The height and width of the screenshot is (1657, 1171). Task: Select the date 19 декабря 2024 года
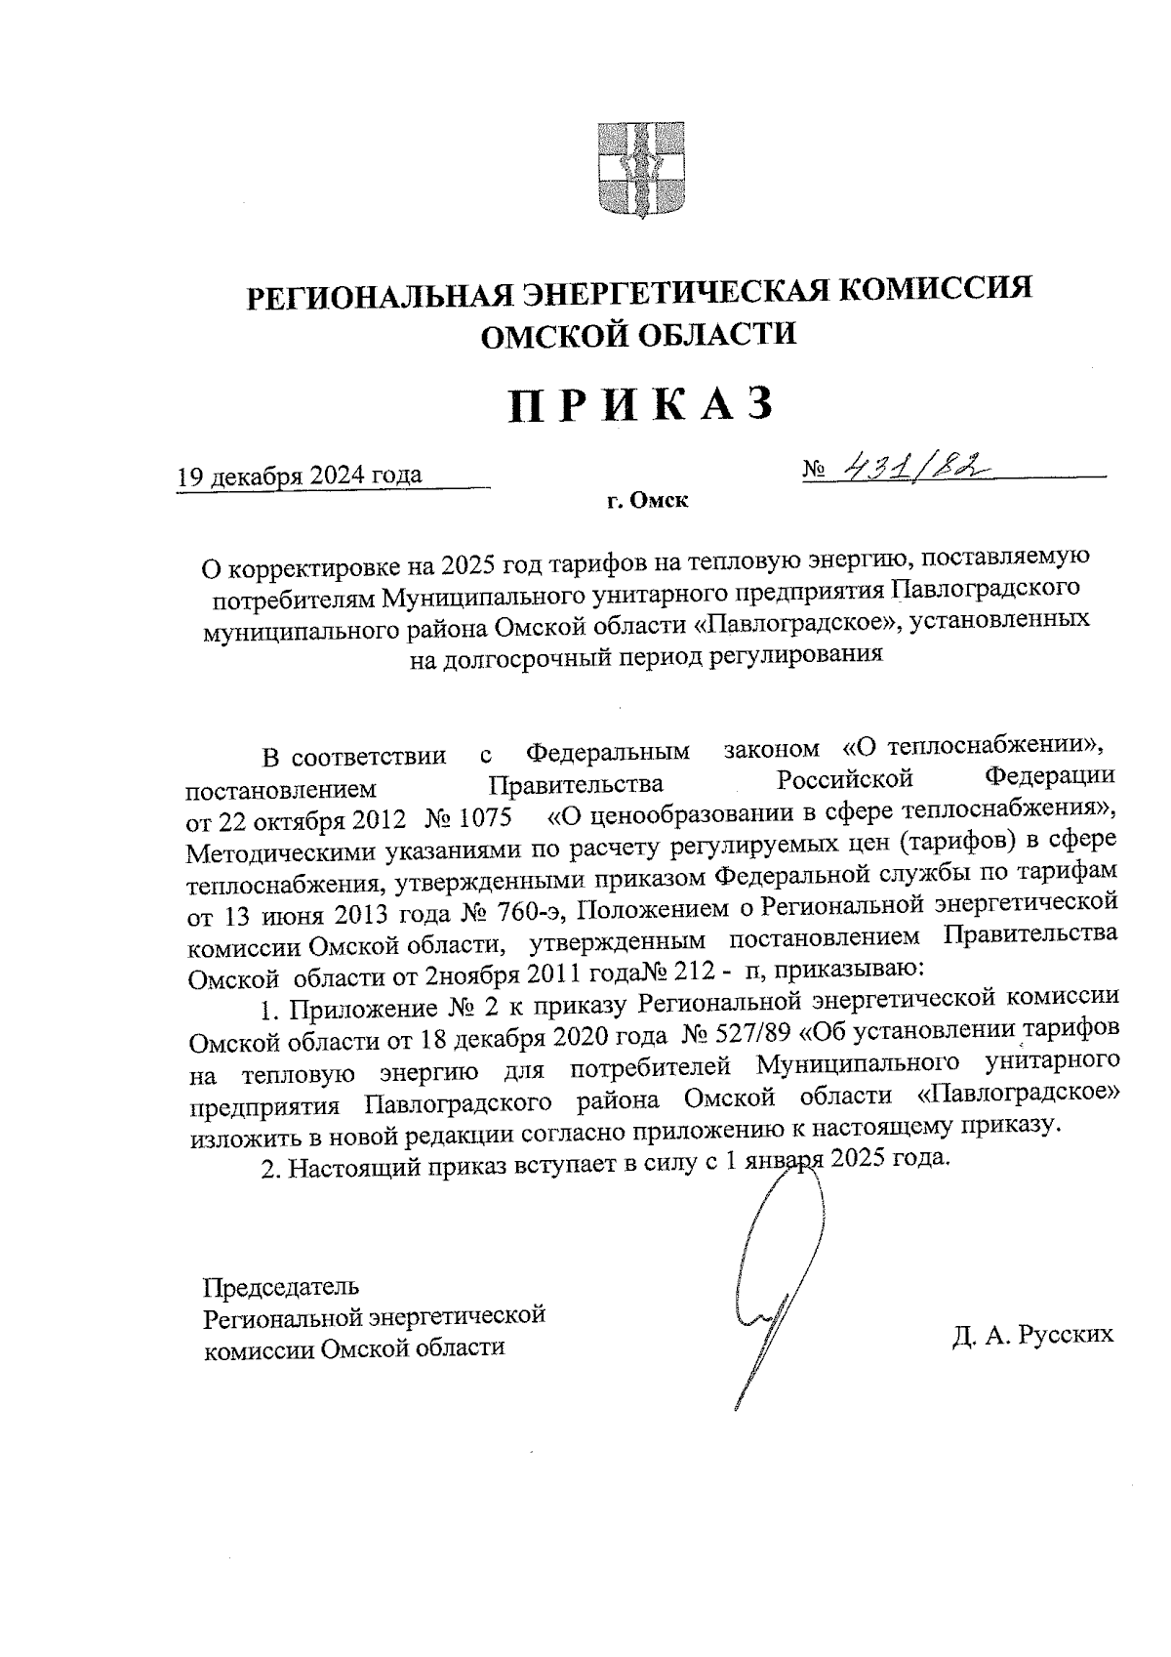coord(299,476)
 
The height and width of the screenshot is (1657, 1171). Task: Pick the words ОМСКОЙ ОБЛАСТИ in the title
coord(640,334)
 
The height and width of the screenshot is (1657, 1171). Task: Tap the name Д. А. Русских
coord(1032,1334)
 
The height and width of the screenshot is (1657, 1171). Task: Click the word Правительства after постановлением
coord(576,783)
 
